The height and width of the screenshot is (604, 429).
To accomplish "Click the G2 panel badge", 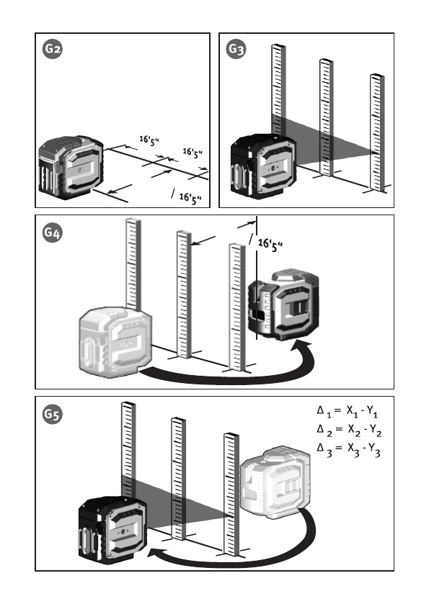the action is coord(53,49).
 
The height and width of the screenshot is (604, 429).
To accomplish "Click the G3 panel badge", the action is coord(236,49).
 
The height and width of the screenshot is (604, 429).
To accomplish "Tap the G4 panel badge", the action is coord(53,233).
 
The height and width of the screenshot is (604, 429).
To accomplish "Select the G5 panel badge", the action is coord(53,415).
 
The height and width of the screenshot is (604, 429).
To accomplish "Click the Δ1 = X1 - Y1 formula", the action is coord(348,411).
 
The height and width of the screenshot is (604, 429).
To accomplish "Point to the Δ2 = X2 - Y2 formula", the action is coord(349,430).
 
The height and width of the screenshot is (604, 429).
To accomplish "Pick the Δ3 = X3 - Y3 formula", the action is coord(348,449).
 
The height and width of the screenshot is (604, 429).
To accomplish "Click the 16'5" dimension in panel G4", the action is coord(270,245).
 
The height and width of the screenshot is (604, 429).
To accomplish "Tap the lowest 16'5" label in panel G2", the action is coord(190,199).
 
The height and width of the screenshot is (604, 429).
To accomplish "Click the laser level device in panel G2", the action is coord(71,167).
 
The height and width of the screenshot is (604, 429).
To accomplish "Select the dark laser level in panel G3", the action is coord(264,166).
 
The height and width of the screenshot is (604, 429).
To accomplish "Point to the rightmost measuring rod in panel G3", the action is coord(377,132).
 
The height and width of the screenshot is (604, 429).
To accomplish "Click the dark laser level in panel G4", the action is coord(283,305).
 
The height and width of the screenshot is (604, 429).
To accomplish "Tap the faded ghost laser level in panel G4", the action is coord(115,343).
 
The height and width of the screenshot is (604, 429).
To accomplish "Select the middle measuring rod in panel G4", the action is coord(184,294).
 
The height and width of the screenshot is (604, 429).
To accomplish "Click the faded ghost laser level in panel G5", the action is coord(275,482).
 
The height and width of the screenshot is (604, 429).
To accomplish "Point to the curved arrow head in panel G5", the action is coord(156,554).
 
